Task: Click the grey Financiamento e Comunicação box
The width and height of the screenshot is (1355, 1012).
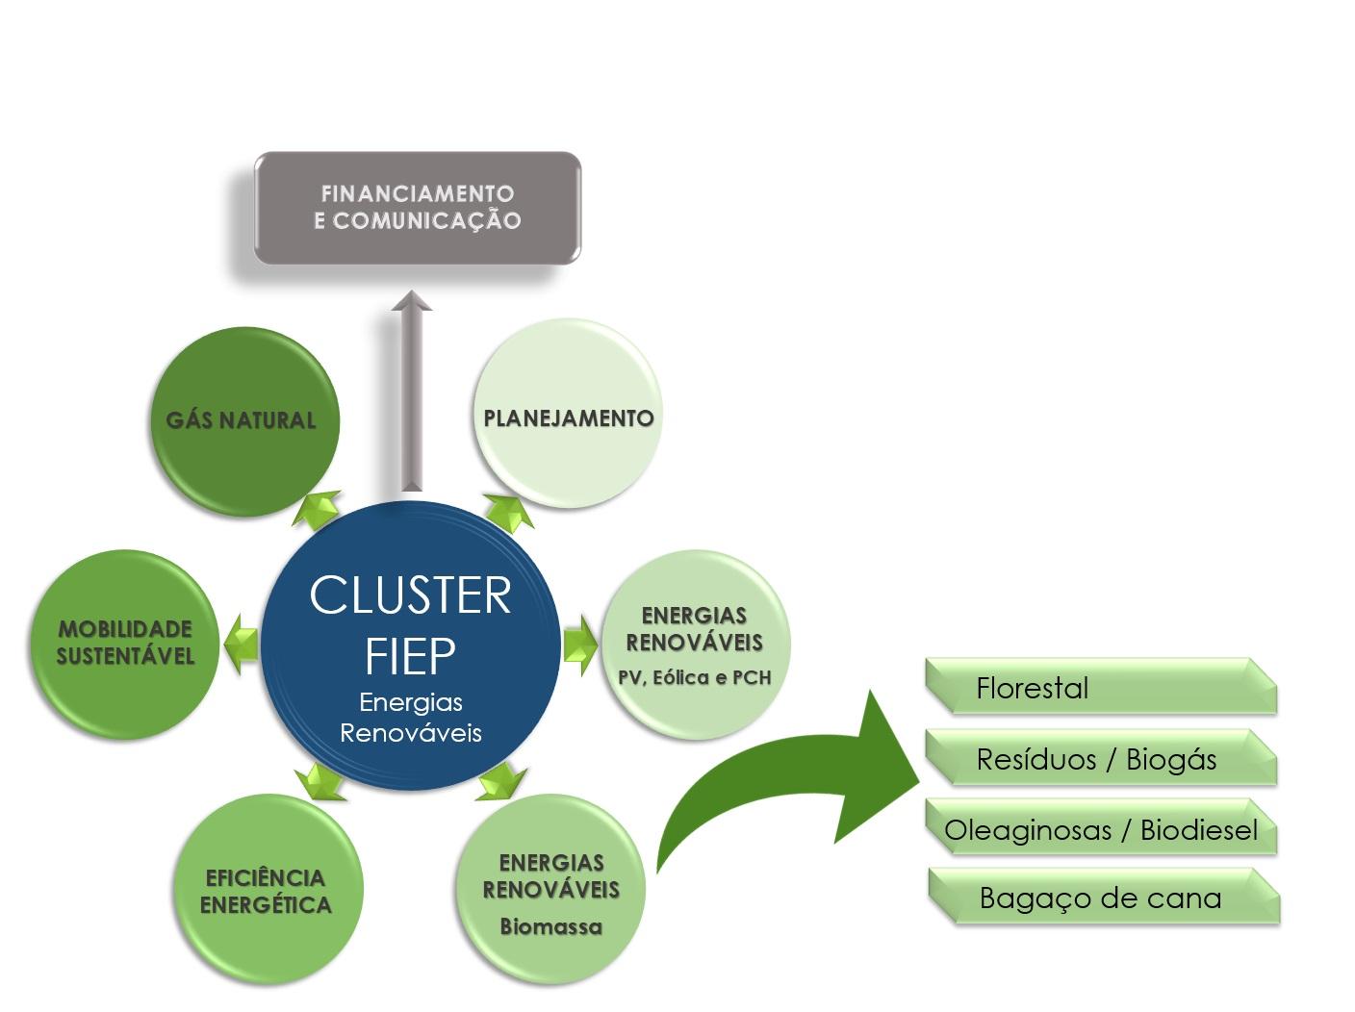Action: click(417, 208)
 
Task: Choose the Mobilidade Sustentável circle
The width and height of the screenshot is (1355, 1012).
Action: click(125, 643)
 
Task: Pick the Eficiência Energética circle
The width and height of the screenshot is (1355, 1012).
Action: click(267, 891)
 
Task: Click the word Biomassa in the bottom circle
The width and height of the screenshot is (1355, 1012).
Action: click(550, 927)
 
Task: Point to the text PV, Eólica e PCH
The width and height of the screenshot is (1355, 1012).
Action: click(694, 677)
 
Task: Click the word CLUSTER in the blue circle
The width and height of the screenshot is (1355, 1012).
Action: click(410, 595)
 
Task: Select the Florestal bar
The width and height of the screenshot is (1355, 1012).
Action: click(1099, 687)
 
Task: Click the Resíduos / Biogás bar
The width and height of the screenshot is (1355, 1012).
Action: click(1099, 759)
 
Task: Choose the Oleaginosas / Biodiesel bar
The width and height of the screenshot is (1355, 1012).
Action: click(1101, 829)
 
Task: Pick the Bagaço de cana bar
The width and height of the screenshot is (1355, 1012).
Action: click(1103, 898)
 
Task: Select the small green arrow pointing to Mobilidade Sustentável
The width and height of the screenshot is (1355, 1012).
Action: click(241, 641)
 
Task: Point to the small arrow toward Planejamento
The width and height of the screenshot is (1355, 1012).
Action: click(508, 513)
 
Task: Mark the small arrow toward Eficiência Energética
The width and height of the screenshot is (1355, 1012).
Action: click(320, 780)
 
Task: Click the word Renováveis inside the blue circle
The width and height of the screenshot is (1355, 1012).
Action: click(411, 733)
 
